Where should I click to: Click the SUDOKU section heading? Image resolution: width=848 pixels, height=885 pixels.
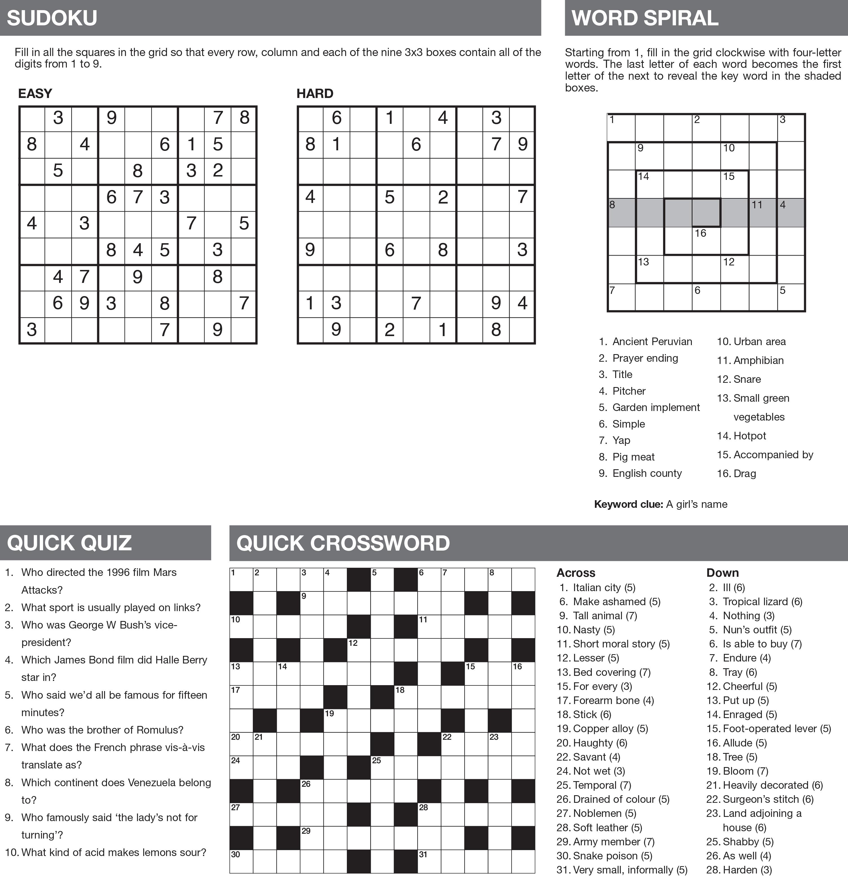52,18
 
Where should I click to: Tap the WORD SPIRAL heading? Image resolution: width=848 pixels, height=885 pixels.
644,18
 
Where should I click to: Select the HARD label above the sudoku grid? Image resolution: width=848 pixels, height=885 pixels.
315,93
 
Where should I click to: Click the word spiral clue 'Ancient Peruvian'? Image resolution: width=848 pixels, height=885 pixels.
651,341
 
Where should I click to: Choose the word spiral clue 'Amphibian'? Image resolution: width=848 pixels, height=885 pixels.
758,360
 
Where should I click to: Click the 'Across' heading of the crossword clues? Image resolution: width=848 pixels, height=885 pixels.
576,573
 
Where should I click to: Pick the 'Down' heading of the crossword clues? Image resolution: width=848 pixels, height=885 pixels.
722,573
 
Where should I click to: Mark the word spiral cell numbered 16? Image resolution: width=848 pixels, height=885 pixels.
706,241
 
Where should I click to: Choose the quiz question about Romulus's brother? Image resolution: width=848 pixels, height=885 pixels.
102,730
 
